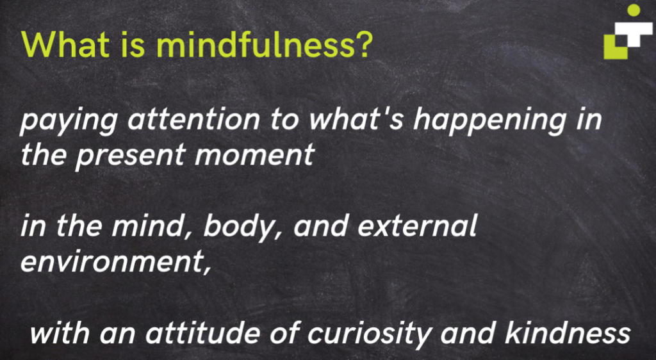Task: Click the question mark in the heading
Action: (x=363, y=45)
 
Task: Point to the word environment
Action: (x=113, y=263)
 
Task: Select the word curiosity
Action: (x=390, y=335)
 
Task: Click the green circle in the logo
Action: (x=633, y=10)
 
